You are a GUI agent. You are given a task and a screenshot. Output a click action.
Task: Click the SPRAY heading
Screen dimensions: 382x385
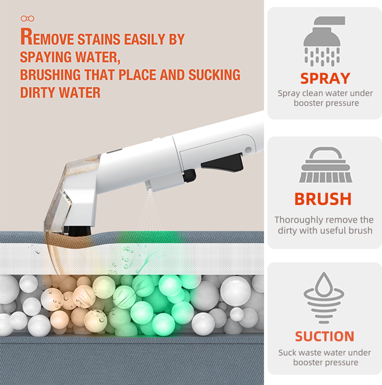point(325,78)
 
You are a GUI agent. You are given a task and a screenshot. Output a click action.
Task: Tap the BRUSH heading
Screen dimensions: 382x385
point(323,199)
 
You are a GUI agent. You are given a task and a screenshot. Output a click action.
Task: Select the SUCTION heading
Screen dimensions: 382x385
point(325,337)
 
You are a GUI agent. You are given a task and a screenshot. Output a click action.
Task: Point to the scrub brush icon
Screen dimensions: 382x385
point(325,165)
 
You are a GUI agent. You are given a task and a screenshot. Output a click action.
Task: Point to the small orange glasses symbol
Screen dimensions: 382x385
point(28,19)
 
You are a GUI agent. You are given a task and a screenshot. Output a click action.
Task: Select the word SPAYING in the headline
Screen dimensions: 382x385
point(46,57)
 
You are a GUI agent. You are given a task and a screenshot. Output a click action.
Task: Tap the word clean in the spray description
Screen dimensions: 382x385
point(315,93)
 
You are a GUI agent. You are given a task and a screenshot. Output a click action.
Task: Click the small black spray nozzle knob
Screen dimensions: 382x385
point(190,175)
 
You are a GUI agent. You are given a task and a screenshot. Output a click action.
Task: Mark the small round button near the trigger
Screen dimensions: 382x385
point(248,149)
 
